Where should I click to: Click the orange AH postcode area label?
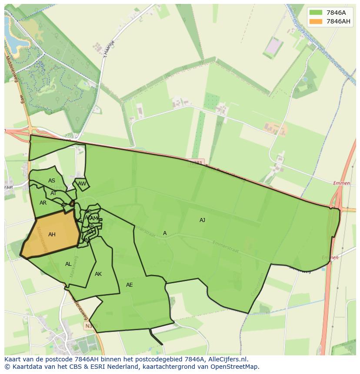[52, 235]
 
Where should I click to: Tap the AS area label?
[52, 181]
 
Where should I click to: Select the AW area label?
[82, 184]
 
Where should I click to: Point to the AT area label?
[53, 193]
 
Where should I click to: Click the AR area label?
[43, 203]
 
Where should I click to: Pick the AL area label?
[68, 264]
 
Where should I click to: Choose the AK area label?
[98, 274]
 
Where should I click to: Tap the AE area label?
[129, 285]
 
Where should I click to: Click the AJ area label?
[202, 220]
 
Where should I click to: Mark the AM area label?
[94, 218]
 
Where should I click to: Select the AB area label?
[90, 226]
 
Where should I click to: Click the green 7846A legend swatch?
[316, 13]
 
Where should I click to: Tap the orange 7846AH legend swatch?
[316, 21]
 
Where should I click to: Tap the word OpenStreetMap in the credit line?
[235, 367]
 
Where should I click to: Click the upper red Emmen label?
[342, 183]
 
